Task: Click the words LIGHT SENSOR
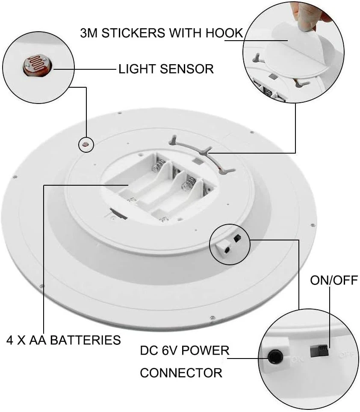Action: (166, 68)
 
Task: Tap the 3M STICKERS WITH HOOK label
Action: (162, 33)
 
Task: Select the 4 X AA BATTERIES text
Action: (64, 340)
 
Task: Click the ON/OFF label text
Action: (333, 280)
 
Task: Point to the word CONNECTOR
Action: (181, 372)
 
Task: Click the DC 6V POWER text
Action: (185, 351)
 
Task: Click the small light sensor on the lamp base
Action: (86, 144)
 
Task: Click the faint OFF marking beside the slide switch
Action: (345, 355)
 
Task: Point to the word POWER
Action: (208, 351)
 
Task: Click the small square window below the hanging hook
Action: (197, 162)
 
